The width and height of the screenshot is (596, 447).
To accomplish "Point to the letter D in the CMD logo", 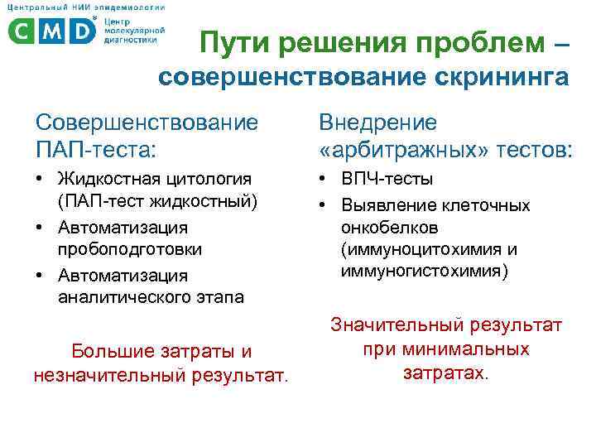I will pyautogui.click(x=81, y=30).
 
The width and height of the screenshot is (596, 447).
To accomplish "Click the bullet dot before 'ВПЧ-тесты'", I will pyautogui.click(x=324, y=180).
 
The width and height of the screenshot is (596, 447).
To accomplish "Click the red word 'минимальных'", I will pyautogui.click(x=446, y=349).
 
